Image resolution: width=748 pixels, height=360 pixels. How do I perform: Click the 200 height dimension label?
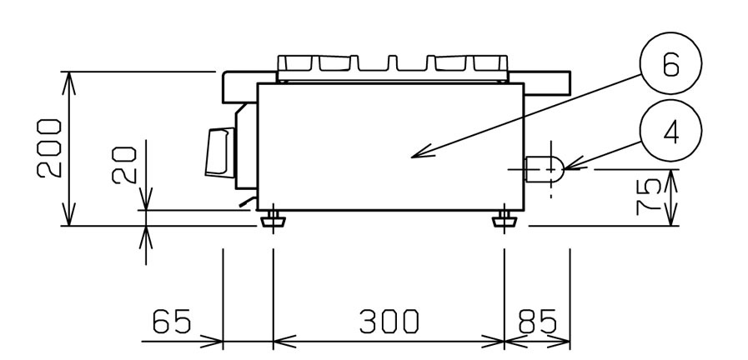(49, 148)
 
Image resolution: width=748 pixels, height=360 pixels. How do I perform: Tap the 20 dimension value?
(124, 166)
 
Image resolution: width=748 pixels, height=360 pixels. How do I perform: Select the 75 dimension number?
(648, 197)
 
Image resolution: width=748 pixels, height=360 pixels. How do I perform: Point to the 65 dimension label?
(172, 321)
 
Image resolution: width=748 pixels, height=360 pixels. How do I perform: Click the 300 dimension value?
(389, 321)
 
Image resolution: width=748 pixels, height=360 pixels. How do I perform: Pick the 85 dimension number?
(537, 321)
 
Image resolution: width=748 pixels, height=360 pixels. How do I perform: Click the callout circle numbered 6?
(670, 63)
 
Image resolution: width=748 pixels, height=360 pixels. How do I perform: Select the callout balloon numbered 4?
(670, 131)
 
